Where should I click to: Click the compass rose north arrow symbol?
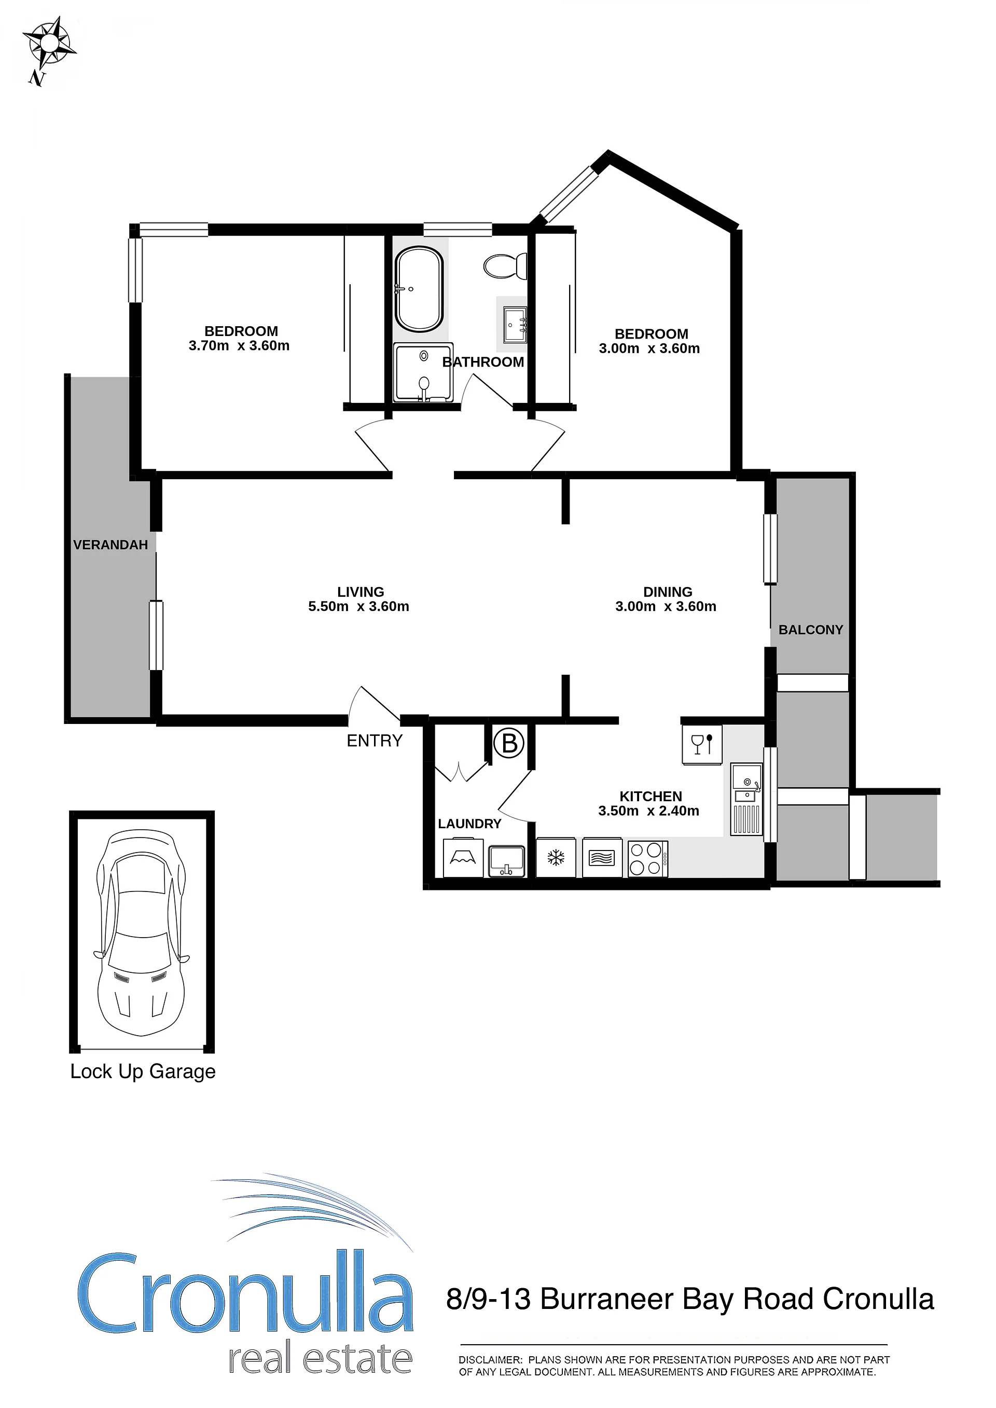49,45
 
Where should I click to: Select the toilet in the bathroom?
505,266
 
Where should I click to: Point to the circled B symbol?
509,743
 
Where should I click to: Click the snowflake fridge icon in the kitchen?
556,857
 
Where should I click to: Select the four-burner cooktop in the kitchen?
647,858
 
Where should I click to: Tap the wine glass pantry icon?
702,744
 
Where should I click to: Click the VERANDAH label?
110,545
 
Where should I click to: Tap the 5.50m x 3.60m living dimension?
359,606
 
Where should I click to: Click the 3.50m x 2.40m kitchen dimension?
649,811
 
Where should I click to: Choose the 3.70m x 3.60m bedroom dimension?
239,346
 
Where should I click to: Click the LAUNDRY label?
470,824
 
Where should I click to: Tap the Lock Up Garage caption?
143,1071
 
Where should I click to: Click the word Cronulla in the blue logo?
245,1293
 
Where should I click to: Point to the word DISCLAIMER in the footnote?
491,1360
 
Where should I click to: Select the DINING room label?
668,592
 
